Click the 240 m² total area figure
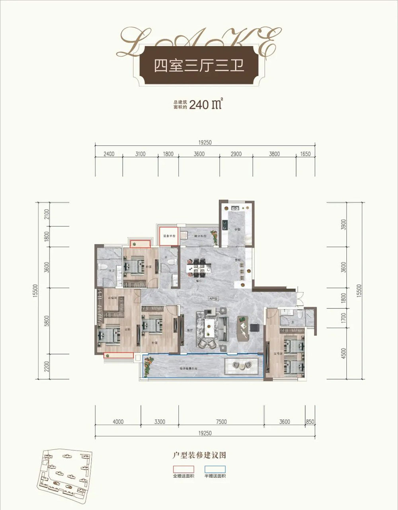click(205, 105)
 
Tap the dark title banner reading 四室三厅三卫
click(199, 65)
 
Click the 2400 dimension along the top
click(108, 154)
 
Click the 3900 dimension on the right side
click(344, 226)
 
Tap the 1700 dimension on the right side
click(344, 317)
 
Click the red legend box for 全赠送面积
click(183, 469)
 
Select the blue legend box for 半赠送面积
click(215, 469)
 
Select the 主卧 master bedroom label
click(127, 329)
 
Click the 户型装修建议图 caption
click(199, 455)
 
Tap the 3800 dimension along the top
click(274, 154)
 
